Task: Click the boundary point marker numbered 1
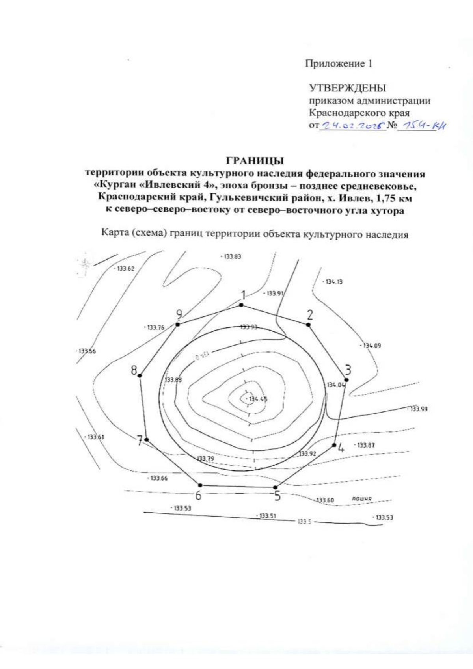click(241, 305)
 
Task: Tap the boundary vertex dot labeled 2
click(308, 325)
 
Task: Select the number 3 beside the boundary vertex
click(348, 370)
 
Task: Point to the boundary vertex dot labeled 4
click(334, 445)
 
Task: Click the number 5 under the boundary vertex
click(277, 495)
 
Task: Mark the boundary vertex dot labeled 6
click(200, 485)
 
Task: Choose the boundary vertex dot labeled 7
click(147, 439)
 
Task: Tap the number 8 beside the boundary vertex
click(134, 370)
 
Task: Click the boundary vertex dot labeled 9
click(178, 324)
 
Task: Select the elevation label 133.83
click(232, 256)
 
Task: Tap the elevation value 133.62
click(126, 269)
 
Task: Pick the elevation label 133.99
click(419, 409)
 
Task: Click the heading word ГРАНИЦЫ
click(255, 161)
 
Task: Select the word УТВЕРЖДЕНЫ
click(347, 87)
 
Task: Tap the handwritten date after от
click(353, 126)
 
